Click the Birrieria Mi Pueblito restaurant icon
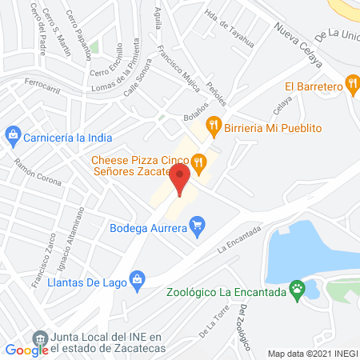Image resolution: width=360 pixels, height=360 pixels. [x=213, y=124]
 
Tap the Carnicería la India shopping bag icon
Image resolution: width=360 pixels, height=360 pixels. [x=12, y=134]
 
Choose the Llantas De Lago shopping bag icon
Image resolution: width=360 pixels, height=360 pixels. [x=137, y=278]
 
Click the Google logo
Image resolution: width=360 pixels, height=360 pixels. [x=26, y=349]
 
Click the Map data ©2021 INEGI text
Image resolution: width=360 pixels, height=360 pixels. [x=312, y=353]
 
